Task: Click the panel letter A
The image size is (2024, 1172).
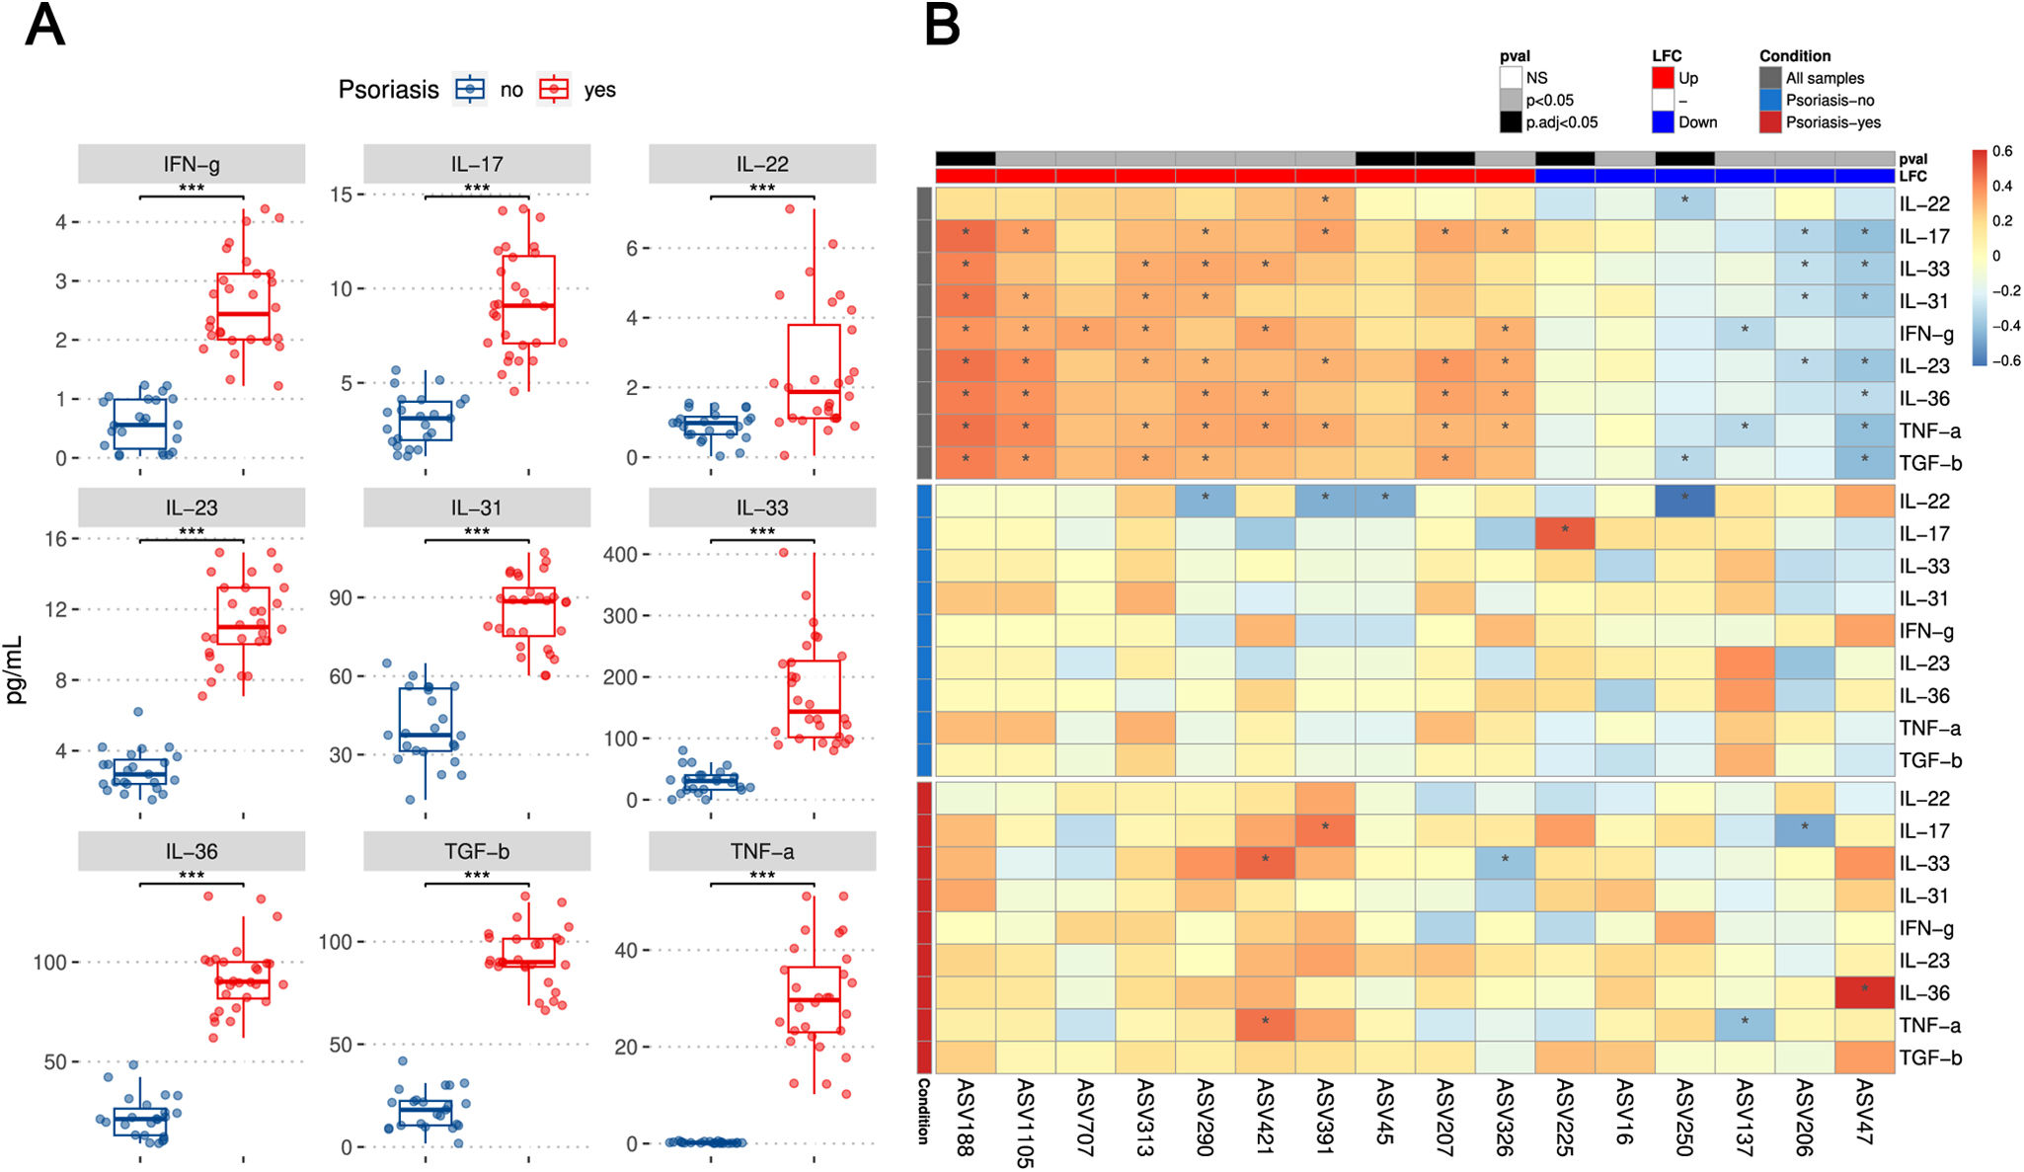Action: tap(44, 27)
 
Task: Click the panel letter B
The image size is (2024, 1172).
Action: tap(942, 27)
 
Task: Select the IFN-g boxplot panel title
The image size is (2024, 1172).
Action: tap(192, 164)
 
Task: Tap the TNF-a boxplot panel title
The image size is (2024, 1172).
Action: tap(761, 851)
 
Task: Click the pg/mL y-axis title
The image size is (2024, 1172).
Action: tap(15, 669)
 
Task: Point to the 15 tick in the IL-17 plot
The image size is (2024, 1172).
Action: tap(341, 195)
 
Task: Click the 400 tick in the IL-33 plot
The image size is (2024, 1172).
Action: tap(620, 555)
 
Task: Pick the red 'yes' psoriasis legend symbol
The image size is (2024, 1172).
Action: tap(554, 89)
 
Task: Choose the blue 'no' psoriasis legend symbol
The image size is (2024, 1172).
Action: tap(470, 89)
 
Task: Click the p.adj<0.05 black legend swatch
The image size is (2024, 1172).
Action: tap(1511, 122)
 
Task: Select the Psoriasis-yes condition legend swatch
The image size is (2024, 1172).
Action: tap(1770, 122)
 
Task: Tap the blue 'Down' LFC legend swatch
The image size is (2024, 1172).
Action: tap(1664, 122)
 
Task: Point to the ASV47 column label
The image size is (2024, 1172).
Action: tap(1864, 1112)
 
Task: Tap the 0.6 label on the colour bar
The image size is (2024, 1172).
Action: tap(2001, 151)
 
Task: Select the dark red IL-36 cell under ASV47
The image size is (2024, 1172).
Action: tap(1864, 991)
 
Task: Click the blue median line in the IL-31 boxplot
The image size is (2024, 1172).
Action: tap(426, 735)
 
